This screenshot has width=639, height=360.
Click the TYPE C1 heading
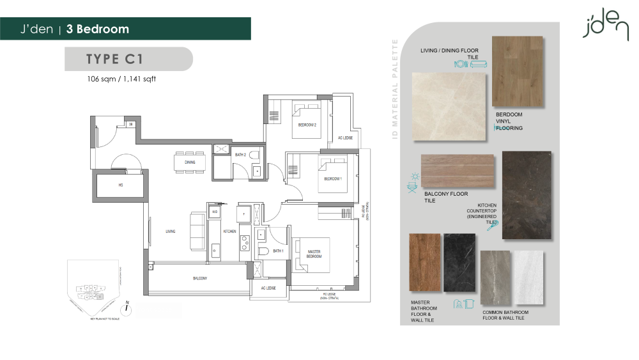tap(115, 59)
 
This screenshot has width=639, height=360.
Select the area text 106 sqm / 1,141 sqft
tap(121, 80)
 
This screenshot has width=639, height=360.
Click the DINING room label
tap(190, 162)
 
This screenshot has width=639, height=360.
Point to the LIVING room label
tap(171, 231)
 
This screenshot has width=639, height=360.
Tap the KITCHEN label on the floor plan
tap(229, 231)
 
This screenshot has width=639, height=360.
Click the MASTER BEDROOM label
tap(313, 253)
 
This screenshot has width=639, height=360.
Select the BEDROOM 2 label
tap(307, 125)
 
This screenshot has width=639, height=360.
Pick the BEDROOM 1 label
tap(333, 179)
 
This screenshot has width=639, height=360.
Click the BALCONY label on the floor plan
tap(200, 278)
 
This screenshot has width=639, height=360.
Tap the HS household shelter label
tap(119, 186)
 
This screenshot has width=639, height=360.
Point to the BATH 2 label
tap(240, 155)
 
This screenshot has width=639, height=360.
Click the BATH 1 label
tap(277, 251)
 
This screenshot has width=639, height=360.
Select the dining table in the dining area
tap(190, 162)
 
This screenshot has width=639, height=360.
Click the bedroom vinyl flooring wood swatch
tap(518, 71)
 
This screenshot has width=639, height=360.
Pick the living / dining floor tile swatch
tap(449, 106)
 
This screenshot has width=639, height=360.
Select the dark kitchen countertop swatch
tap(527, 195)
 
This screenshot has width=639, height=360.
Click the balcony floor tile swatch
tap(457, 171)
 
